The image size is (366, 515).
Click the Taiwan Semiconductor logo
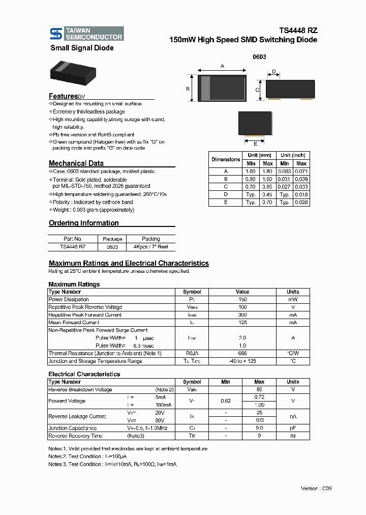(86, 34)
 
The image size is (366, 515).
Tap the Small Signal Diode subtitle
(82, 48)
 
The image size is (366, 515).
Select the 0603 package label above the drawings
(259, 58)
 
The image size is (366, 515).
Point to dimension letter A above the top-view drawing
(222, 66)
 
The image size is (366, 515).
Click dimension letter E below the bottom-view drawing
(255, 144)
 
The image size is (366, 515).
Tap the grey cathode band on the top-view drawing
(206, 88)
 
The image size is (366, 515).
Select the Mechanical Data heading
(76, 163)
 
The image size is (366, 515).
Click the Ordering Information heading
(84, 223)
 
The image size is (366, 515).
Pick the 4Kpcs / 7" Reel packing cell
(150, 246)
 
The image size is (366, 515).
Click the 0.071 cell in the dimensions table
(301, 171)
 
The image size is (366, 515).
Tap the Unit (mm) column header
(259, 155)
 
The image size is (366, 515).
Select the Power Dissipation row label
(69, 299)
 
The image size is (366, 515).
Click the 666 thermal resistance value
(242, 353)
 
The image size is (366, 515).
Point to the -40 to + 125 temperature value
(242, 361)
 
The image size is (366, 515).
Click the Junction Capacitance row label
(72, 428)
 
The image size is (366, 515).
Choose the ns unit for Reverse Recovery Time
(292, 436)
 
